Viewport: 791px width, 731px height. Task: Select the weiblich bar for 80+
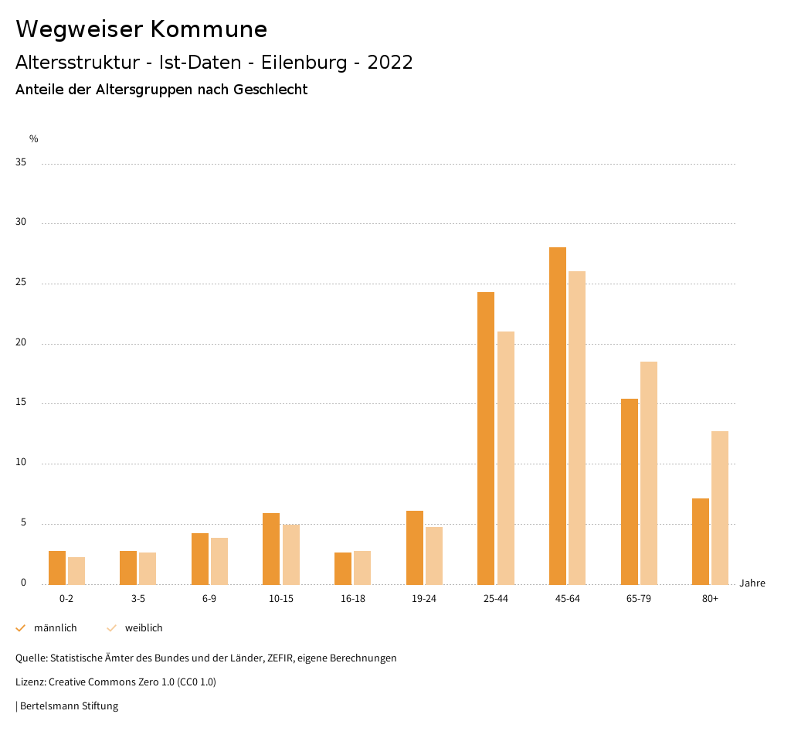720,508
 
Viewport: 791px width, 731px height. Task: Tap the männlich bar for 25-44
486,438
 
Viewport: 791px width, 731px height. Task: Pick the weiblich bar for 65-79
648,473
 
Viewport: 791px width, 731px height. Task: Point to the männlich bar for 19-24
415,548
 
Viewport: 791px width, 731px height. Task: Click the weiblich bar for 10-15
290,555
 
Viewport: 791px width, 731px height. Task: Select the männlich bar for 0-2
57,568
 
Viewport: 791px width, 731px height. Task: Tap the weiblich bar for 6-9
219,561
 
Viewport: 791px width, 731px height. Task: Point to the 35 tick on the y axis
21,163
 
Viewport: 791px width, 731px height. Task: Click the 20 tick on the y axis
21,343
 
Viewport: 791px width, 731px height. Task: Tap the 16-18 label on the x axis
353,599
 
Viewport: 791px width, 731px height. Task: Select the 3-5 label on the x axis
138,599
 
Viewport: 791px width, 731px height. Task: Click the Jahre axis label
752,583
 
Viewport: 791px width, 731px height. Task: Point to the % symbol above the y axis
34,139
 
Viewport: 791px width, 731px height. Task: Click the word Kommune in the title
209,29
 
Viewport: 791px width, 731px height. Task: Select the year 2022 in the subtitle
390,63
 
